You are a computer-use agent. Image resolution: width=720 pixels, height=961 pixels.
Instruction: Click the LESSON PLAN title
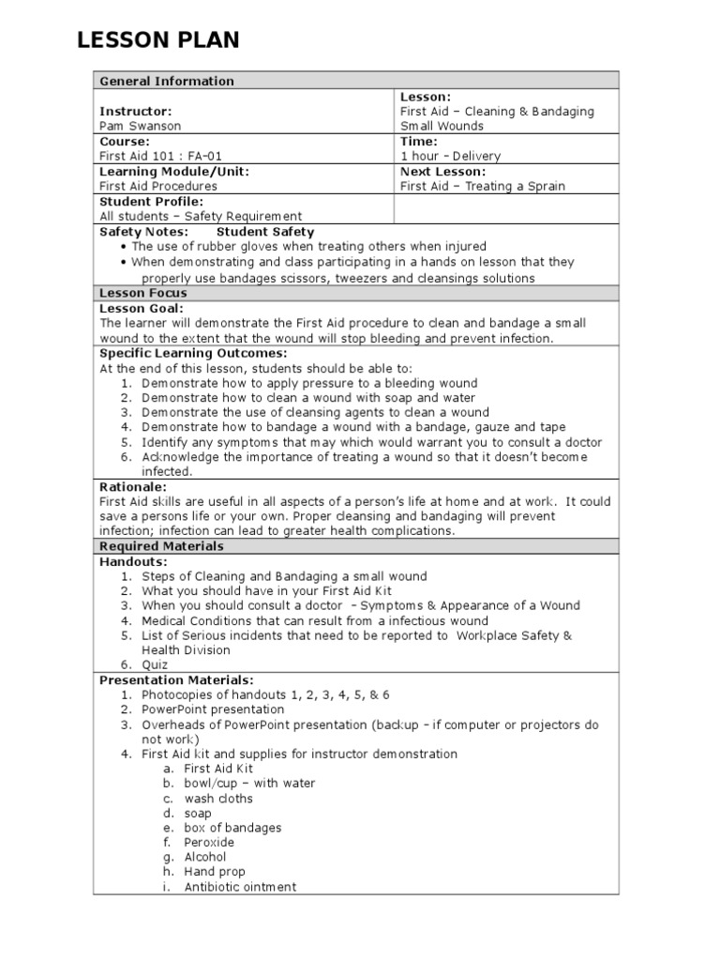(157, 40)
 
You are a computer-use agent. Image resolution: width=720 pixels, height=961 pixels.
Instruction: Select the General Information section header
(167, 82)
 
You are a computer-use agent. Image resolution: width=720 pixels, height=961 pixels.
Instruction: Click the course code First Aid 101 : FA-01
(161, 156)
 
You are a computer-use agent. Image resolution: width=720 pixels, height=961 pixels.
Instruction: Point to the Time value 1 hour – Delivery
(450, 156)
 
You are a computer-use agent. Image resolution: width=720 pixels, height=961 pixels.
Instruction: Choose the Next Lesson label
(442, 172)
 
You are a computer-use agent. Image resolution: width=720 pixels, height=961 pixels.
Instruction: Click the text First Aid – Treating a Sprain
(482, 186)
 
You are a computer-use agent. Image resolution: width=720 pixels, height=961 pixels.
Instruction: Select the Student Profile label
(151, 201)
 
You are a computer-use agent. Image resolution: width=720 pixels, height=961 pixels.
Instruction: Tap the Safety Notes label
(143, 232)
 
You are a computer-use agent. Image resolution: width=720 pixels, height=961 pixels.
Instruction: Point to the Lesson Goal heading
(142, 308)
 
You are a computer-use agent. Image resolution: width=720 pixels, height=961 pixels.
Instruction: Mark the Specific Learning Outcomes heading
(193, 353)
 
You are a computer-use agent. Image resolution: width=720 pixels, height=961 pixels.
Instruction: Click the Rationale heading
(133, 487)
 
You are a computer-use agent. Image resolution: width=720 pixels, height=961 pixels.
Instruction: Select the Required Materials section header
(161, 546)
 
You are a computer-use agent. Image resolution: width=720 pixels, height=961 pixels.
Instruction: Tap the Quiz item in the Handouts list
(155, 664)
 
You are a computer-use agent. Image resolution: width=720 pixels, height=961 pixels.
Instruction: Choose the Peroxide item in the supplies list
(209, 842)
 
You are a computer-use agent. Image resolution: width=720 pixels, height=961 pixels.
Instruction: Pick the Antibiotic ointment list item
(240, 887)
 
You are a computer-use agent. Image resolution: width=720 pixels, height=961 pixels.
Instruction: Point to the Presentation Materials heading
(176, 679)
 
